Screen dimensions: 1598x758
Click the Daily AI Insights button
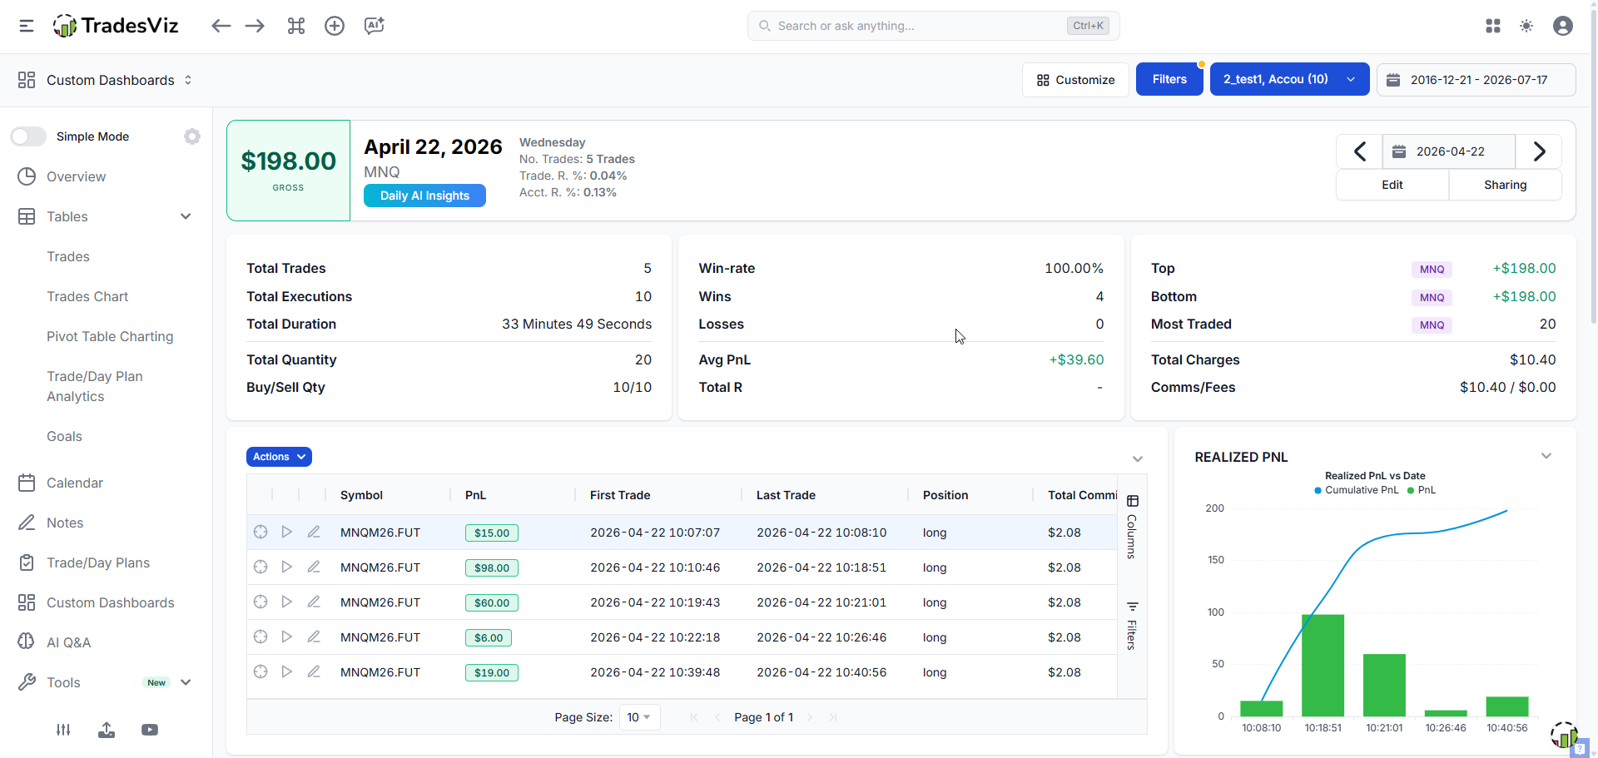(x=424, y=196)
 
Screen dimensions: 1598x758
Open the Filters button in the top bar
(x=1169, y=79)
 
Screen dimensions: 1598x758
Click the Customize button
(x=1075, y=80)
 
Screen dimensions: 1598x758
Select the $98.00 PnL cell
(x=492, y=567)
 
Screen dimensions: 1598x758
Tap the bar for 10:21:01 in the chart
(x=1384, y=685)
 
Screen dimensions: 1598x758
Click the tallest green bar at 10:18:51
(x=1323, y=666)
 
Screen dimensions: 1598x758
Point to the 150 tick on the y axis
(x=1216, y=560)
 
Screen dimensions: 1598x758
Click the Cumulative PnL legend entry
(x=1356, y=490)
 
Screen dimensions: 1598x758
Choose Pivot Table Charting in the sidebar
(x=110, y=336)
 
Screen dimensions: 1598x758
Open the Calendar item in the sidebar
(x=75, y=483)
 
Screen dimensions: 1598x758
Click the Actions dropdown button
(x=279, y=457)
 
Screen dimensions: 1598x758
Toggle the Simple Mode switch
(x=28, y=136)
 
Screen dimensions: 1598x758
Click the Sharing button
(x=1505, y=185)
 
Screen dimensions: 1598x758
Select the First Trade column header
(x=620, y=495)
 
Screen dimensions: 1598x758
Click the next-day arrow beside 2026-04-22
(x=1539, y=151)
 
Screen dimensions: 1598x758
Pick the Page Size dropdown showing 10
(x=639, y=717)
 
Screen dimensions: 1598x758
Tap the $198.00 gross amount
(x=288, y=161)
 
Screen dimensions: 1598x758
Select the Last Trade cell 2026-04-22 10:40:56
(x=821, y=672)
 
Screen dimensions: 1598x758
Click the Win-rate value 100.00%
(x=1074, y=268)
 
